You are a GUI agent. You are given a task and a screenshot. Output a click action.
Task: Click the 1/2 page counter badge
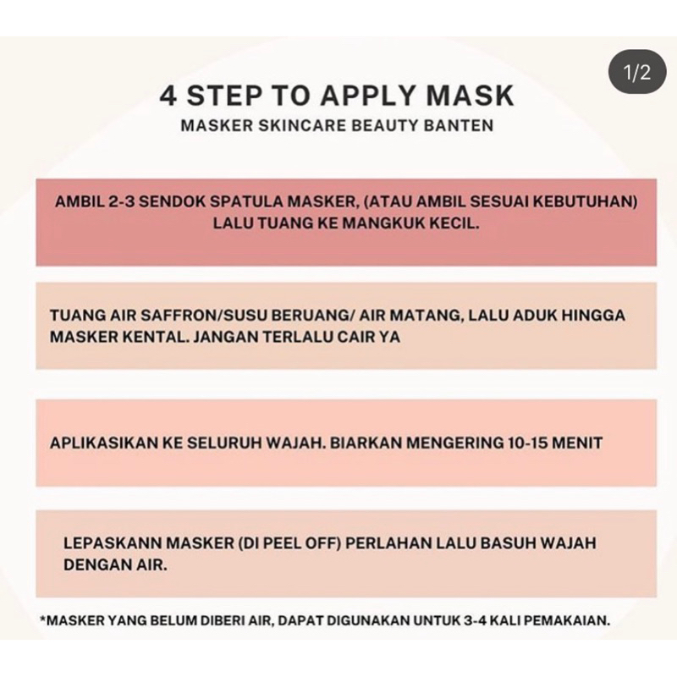[636, 74]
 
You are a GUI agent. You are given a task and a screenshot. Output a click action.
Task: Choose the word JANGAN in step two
[214, 335]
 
